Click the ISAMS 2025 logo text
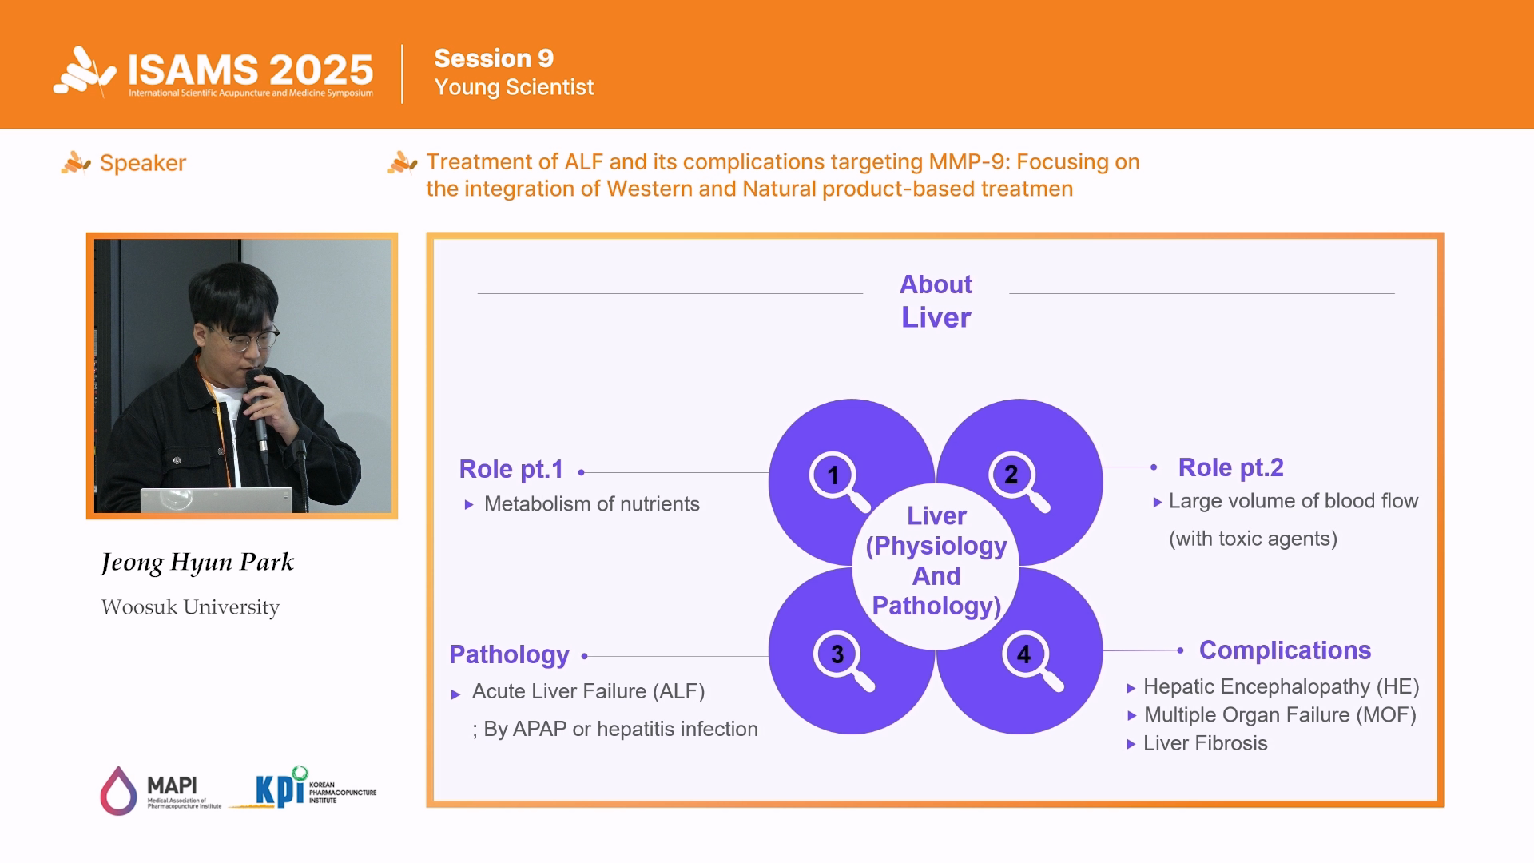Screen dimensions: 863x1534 coord(250,70)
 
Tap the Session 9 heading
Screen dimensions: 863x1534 coord(494,58)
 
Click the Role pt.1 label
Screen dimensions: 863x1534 coord(511,469)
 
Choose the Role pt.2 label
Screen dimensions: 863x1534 coord(1230,467)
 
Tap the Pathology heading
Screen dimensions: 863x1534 coord(509,654)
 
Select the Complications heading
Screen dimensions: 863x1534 coord(1285,650)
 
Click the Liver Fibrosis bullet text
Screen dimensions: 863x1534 coord(1205,743)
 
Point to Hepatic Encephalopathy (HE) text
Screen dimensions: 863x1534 coord(1281,686)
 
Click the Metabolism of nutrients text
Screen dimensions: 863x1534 coord(591,504)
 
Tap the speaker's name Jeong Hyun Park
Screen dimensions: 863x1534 coord(197,562)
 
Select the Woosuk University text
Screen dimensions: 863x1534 coord(190,607)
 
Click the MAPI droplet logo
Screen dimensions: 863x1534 coord(118,791)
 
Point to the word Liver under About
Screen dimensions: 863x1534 coord(936,318)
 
